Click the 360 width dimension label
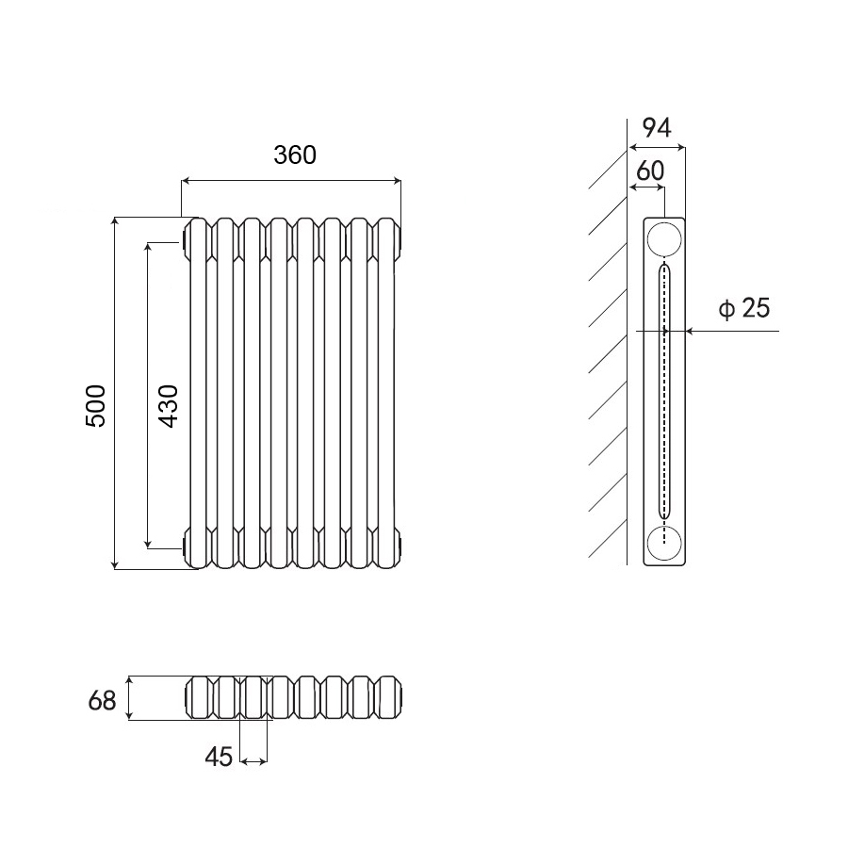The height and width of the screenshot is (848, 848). tap(295, 155)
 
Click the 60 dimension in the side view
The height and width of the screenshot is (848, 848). tap(650, 171)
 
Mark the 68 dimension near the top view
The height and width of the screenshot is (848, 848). tap(102, 701)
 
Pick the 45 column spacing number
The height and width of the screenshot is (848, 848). tap(219, 757)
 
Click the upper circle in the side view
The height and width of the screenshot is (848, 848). tap(664, 239)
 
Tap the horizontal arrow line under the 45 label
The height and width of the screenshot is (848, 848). tap(254, 759)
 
